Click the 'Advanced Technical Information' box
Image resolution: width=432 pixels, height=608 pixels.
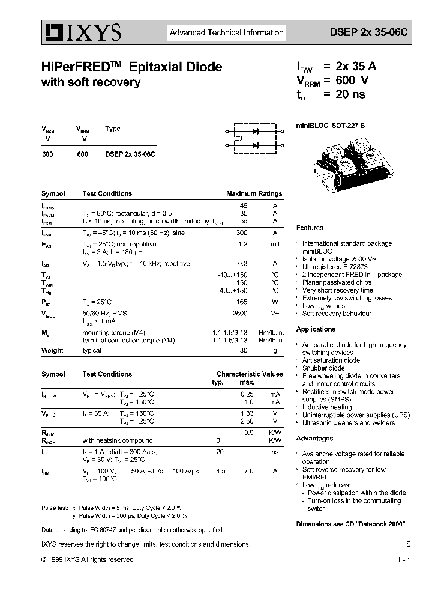coord(226,33)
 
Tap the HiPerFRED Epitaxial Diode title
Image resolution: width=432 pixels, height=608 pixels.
coord(131,67)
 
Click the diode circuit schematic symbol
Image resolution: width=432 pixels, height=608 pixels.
coord(255,137)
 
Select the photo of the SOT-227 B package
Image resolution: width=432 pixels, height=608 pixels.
coord(353,165)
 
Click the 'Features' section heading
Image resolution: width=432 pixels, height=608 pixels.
coord(310,228)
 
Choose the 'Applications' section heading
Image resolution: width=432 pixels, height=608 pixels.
coord(316,329)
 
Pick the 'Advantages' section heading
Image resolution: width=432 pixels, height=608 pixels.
coord(314,438)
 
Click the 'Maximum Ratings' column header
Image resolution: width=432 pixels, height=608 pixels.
coord(254,193)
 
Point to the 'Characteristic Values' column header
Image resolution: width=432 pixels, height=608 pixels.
coord(250,374)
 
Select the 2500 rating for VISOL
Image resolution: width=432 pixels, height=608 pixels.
coord(239,314)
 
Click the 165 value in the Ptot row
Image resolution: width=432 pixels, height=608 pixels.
coord(242,302)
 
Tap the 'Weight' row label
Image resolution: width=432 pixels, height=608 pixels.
coord(52,350)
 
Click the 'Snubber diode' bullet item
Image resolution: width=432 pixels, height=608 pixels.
coord(323,368)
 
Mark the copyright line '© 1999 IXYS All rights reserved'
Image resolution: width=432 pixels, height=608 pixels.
coord(88,559)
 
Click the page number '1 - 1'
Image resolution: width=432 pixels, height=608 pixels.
coord(404,560)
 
